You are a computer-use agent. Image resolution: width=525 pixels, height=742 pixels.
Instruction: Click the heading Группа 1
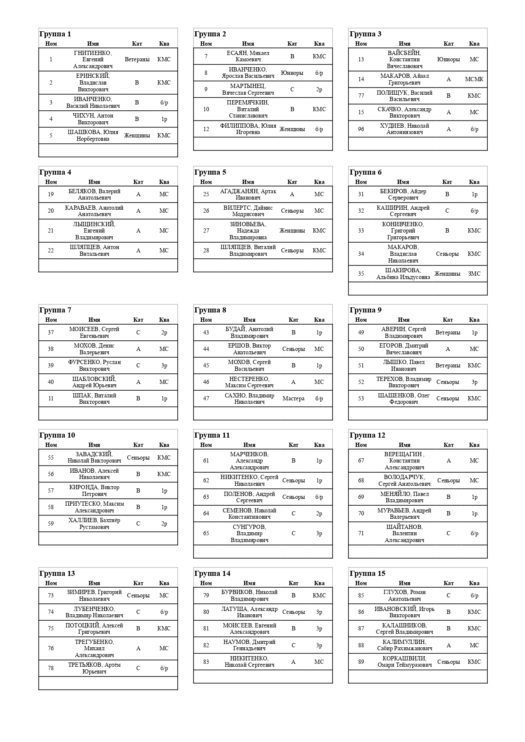[x=55, y=34]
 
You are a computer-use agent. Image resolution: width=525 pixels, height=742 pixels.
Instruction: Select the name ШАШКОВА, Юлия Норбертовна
[x=93, y=135]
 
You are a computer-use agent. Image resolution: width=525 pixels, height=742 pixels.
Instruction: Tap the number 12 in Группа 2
[x=206, y=129]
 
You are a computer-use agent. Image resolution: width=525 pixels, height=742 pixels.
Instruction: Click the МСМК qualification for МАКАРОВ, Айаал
[x=474, y=79]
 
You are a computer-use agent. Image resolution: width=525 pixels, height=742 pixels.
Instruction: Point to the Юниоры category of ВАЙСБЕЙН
[x=448, y=60]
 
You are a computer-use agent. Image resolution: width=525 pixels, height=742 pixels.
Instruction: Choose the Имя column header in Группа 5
[x=248, y=182]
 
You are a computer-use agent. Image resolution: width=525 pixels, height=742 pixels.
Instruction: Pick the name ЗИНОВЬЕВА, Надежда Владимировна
[x=248, y=231]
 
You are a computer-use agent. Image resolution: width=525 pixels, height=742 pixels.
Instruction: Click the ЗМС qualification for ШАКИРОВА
[x=474, y=274]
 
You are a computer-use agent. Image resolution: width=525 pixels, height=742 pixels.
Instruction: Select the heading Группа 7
[x=55, y=310]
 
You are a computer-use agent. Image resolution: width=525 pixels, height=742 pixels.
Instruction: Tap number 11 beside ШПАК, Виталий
[x=51, y=399]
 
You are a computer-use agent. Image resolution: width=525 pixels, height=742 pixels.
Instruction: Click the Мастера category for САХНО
[x=293, y=399]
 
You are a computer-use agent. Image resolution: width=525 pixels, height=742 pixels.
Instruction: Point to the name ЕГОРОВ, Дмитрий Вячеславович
[x=403, y=349]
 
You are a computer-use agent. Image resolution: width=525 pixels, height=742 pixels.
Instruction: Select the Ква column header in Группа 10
[x=164, y=445]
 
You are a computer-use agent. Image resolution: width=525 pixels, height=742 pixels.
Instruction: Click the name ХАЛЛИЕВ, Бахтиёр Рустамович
[x=94, y=523]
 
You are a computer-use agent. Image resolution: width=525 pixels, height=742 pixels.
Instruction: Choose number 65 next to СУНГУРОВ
[x=206, y=534]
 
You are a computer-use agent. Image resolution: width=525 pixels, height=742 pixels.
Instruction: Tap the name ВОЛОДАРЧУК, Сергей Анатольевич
[x=404, y=480]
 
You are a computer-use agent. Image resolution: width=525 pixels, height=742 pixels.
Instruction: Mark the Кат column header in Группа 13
[x=138, y=583]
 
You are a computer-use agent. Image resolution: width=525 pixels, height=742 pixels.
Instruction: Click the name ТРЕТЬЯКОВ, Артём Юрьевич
[x=94, y=668]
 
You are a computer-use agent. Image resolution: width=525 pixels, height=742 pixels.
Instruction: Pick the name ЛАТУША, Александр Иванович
[x=249, y=612]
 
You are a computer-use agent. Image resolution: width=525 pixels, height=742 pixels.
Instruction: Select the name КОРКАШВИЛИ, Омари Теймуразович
[x=404, y=662]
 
